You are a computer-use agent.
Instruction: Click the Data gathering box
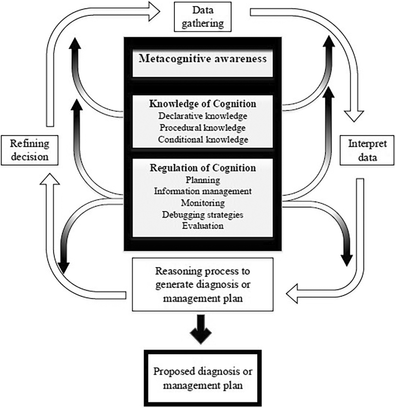203,17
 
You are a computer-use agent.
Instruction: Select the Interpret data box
367,150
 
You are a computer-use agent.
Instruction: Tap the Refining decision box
29,150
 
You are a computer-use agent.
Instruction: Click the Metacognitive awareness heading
203,59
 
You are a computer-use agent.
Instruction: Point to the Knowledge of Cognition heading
203,104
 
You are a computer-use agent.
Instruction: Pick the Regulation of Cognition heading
203,168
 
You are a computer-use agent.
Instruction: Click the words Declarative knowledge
203,116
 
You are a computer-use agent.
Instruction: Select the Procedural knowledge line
203,128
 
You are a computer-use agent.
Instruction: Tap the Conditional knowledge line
203,139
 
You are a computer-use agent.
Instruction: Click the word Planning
203,180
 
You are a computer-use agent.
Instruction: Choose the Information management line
203,191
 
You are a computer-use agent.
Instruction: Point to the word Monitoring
203,203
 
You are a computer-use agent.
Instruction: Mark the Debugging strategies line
203,215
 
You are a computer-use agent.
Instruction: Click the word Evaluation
203,226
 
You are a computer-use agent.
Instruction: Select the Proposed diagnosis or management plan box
203,378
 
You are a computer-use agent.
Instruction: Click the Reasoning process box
203,285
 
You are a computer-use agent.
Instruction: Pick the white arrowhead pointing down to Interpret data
354,116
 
